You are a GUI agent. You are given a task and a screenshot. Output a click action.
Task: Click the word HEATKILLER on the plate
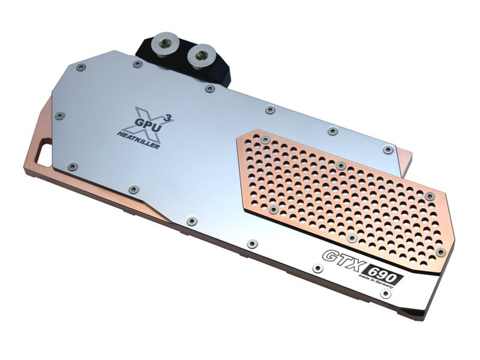coord(139,140)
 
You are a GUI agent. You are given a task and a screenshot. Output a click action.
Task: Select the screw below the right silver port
coord(209,89)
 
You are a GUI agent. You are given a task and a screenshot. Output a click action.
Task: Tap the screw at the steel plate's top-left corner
coord(81,67)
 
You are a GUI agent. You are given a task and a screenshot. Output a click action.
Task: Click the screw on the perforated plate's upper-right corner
coord(430,196)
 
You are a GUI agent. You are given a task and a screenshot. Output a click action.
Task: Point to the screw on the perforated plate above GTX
coord(352,238)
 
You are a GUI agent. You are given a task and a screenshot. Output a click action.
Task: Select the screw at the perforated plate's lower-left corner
coord(274,209)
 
